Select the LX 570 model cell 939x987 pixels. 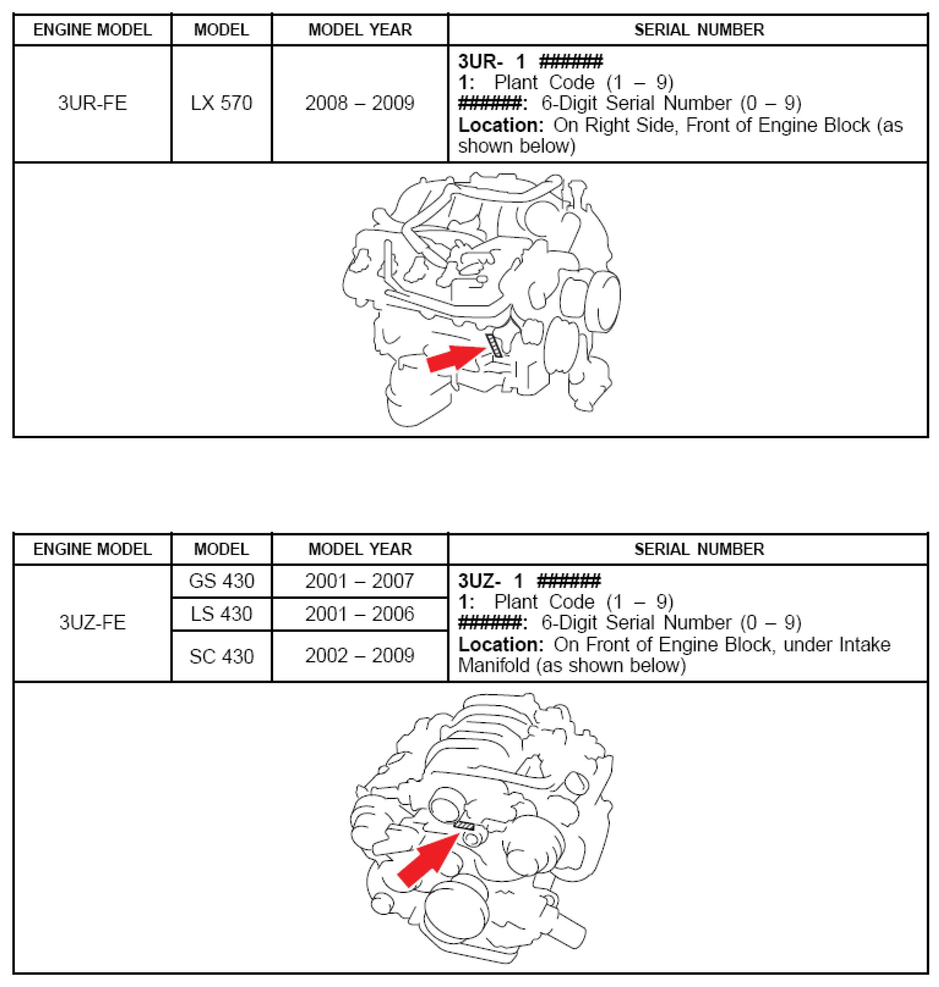(221, 103)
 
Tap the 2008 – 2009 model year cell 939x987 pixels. (359, 103)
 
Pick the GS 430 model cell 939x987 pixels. (221, 581)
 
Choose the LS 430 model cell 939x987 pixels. (221, 614)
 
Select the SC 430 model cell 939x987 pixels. (221, 656)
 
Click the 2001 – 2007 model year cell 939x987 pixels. (359, 581)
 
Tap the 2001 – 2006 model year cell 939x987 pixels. (359, 614)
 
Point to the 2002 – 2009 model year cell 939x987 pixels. (359, 656)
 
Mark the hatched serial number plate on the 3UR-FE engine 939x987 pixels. (495, 345)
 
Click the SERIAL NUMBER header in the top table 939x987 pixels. (699, 30)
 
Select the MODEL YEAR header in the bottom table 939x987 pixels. (359, 549)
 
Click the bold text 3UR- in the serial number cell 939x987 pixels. (480, 62)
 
